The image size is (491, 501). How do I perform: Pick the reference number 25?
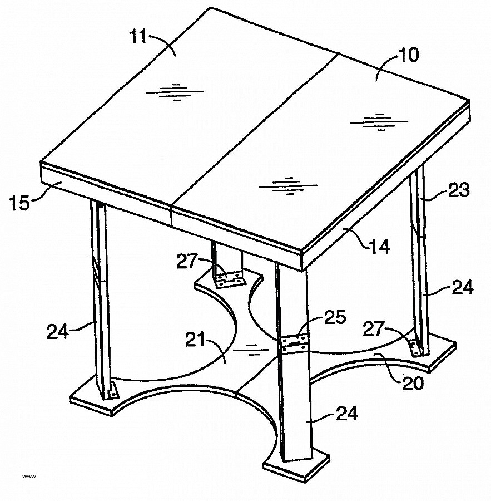pos(335,318)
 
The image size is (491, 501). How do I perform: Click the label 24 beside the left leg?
pos(58,332)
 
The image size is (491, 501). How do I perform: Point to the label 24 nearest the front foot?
pos(347,413)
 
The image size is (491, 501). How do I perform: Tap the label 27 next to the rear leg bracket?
pos(187,261)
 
